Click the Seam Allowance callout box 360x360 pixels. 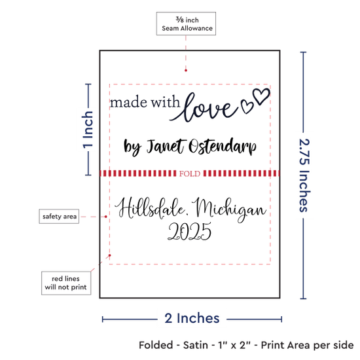point(186,24)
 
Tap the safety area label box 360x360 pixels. point(59,216)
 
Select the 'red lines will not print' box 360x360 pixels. point(66,283)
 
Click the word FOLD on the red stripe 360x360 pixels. point(190,173)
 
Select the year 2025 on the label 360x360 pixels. point(189,231)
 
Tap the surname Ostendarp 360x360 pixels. point(223,146)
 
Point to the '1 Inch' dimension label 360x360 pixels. point(88,130)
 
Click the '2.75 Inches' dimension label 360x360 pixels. point(304,175)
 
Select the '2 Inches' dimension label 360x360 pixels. point(192,318)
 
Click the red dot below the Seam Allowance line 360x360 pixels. point(186,71)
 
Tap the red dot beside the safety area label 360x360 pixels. point(106,217)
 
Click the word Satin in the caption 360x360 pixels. point(196,345)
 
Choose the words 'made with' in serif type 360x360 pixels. point(145,102)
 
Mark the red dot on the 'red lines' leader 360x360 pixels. point(110,255)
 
